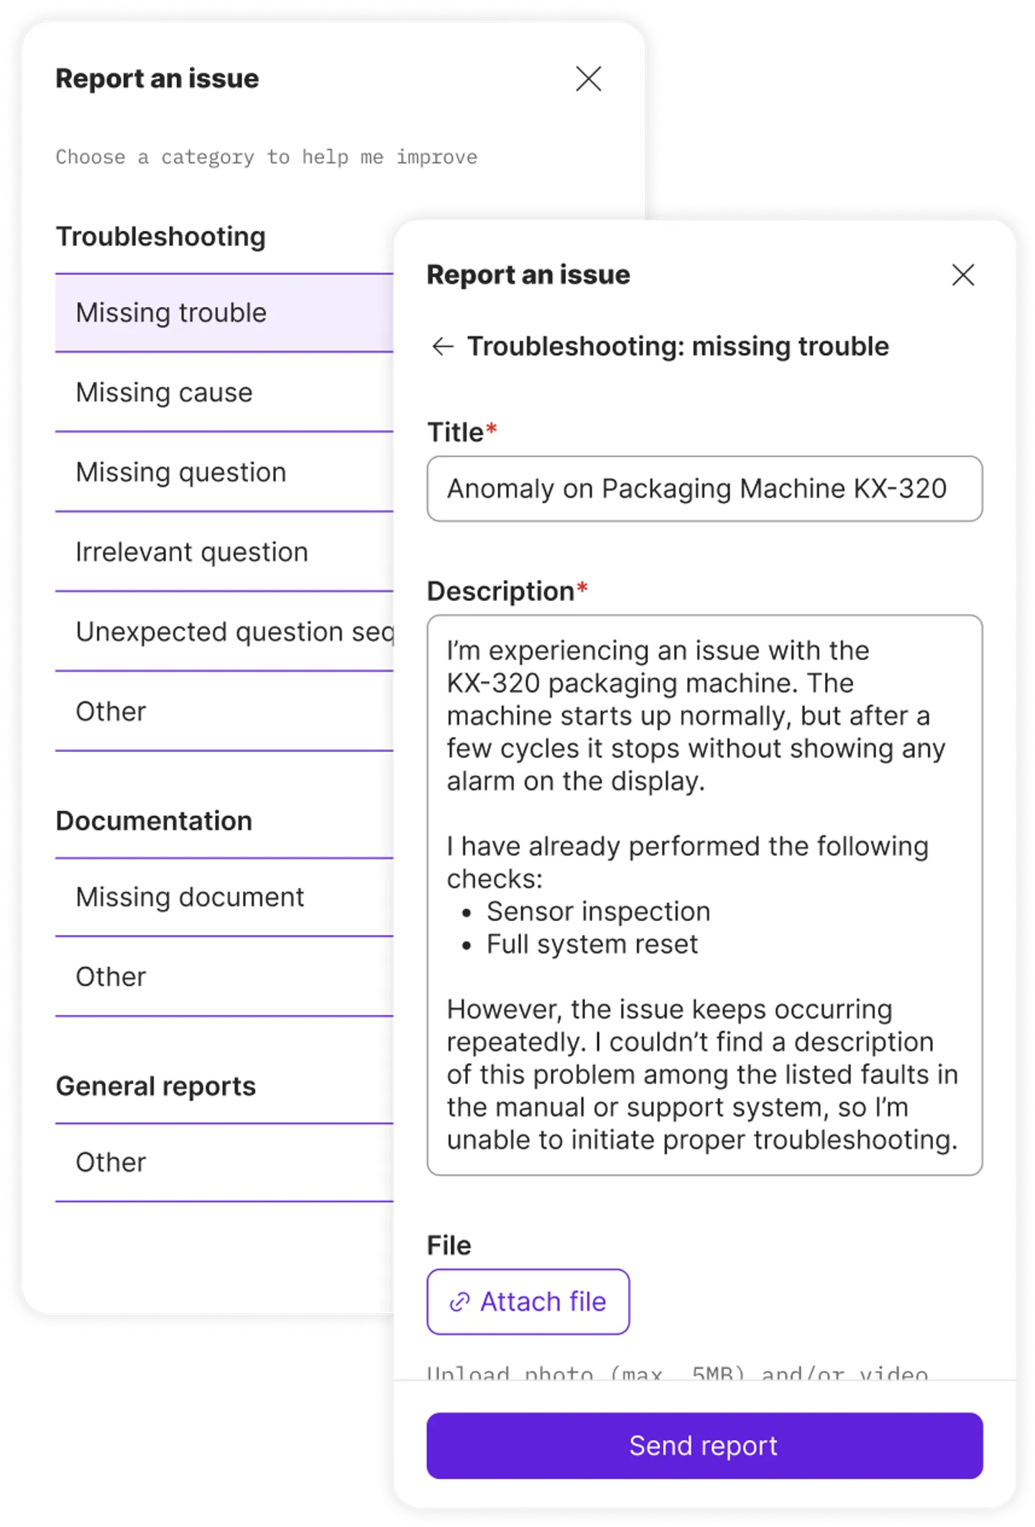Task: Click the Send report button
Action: click(704, 1445)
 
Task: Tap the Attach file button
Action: click(528, 1301)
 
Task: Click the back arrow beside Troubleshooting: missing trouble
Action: click(443, 347)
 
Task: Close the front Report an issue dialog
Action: click(962, 275)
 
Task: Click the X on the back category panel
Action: click(589, 78)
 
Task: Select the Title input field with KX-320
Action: click(704, 489)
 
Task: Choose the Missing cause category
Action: click(165, 393)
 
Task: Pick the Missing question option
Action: click(181, 472)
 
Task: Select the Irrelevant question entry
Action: click(192, 552)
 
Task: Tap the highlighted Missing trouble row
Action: click(171, 313)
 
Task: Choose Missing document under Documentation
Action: click(190, 897)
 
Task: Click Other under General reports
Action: click(111, 1162)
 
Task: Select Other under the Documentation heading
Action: click(111, 977)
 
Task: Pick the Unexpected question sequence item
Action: click(234, 632)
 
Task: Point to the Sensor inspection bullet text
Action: click(598, 912)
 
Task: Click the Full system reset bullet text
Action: click(592, 944)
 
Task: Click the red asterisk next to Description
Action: click(582, 590)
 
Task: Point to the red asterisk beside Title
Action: click(492, 430)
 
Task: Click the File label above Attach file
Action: click(449, 1245)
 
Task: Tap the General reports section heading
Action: click(156, 1086)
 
